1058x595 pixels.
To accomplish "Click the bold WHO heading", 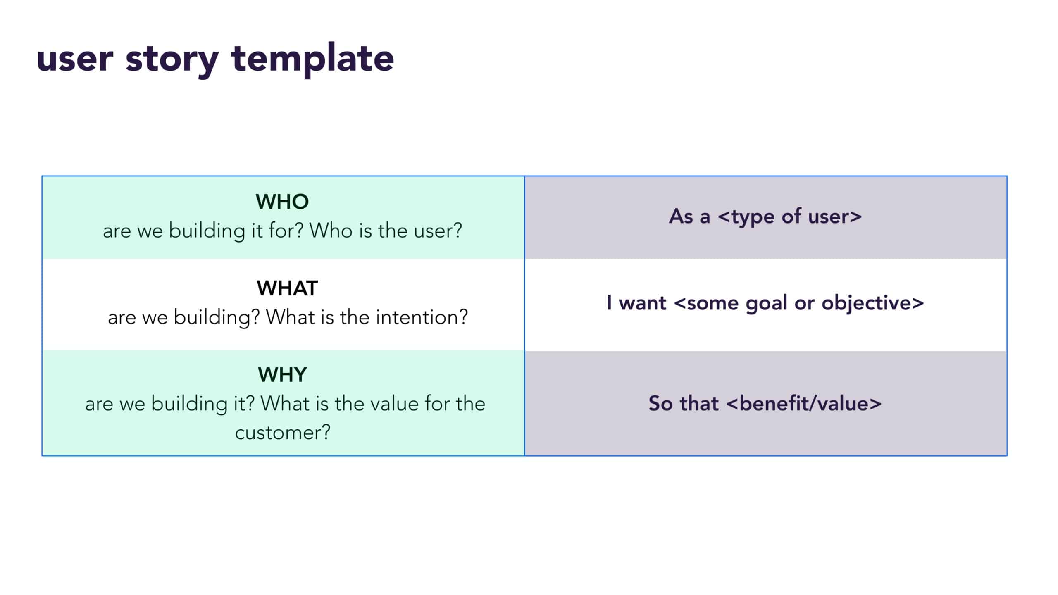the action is [x=282, y=202].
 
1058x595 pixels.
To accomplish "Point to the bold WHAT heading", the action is [x=287, y=288].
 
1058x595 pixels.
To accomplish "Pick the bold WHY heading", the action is [x=282, y=374].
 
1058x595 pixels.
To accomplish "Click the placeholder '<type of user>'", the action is [x=790, y=217].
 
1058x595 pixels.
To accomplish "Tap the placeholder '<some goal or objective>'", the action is [x=799, y=303].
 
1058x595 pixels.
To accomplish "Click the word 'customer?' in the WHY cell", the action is [x=283, y=433].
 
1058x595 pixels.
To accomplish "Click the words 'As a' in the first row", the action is [x=689, y=217].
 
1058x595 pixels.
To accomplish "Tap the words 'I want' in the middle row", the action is [x=636, y=303].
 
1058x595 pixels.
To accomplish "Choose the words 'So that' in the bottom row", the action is [x=684, y=403].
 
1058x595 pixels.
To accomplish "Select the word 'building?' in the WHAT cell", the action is [x=217, y=317].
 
